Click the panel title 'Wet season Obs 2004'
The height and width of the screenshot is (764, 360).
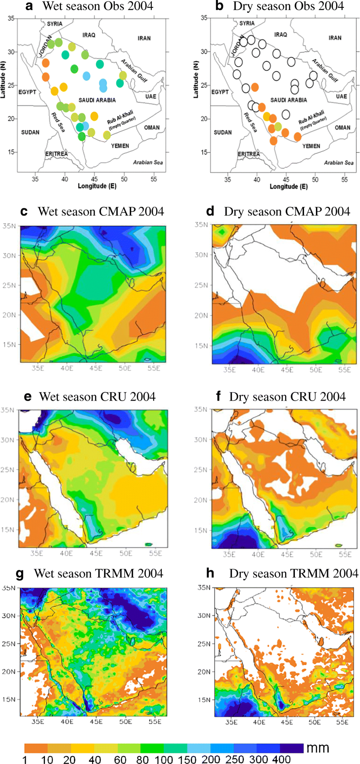98,6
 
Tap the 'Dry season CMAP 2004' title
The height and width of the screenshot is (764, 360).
287,212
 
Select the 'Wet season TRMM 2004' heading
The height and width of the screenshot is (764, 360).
98,574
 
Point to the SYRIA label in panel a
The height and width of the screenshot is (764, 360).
55,24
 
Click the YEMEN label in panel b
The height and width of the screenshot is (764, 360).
311,146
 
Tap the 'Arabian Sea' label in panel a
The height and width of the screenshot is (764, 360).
148,162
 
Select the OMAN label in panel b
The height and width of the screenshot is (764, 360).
343,128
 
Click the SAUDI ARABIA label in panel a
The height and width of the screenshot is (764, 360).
97,100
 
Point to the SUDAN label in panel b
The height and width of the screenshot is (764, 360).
222,132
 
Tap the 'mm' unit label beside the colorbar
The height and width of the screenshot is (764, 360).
318,748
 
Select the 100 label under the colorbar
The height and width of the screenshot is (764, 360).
164,760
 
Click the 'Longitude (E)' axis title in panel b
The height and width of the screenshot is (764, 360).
288,187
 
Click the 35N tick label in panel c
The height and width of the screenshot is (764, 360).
9,225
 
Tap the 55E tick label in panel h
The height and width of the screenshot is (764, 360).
342,721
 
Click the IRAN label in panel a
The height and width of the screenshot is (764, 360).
144,38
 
